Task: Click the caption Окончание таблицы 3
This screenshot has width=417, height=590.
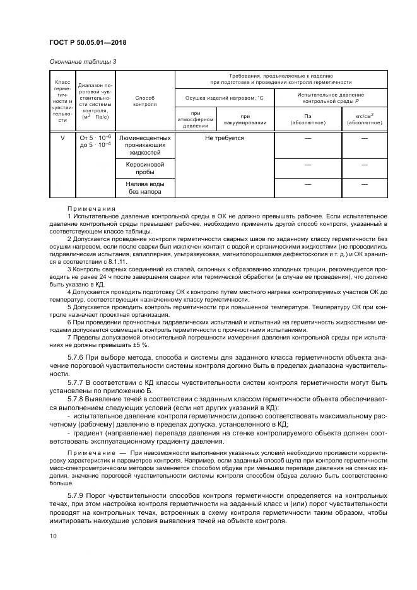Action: pyautogui.click(x=82, y=61)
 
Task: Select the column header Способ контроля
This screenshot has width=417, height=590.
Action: pyautogui.click(x=145, y=101)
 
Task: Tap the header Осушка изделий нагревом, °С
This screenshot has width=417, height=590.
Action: pyautogui.click(x=223, y=98)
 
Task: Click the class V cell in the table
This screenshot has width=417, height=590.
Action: pyautogui.click(x=62, y=138)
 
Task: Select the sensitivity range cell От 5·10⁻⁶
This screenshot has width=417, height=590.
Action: pyautogui.click(x=95, y=138)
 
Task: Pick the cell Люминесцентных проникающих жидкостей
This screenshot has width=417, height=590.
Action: pyautogui.click(x=145, y=145)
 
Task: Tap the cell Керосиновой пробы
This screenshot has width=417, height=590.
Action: pyautogui.click(x=145, y=167)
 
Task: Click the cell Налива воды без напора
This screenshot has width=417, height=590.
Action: pyautogui.click(x=145, y=187)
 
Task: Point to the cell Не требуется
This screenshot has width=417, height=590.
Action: pyautogui.click(x=224, y=138)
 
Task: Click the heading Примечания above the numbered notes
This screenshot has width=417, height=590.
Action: pyautogui.click(x=91, y=209)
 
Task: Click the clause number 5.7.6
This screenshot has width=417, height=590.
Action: pyautogui.click(x=77, y=357)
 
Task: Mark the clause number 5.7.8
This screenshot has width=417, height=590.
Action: pyautogui.click(x=77, y=399)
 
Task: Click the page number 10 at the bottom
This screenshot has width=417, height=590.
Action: pyautogui.click(x=53, y=536)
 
